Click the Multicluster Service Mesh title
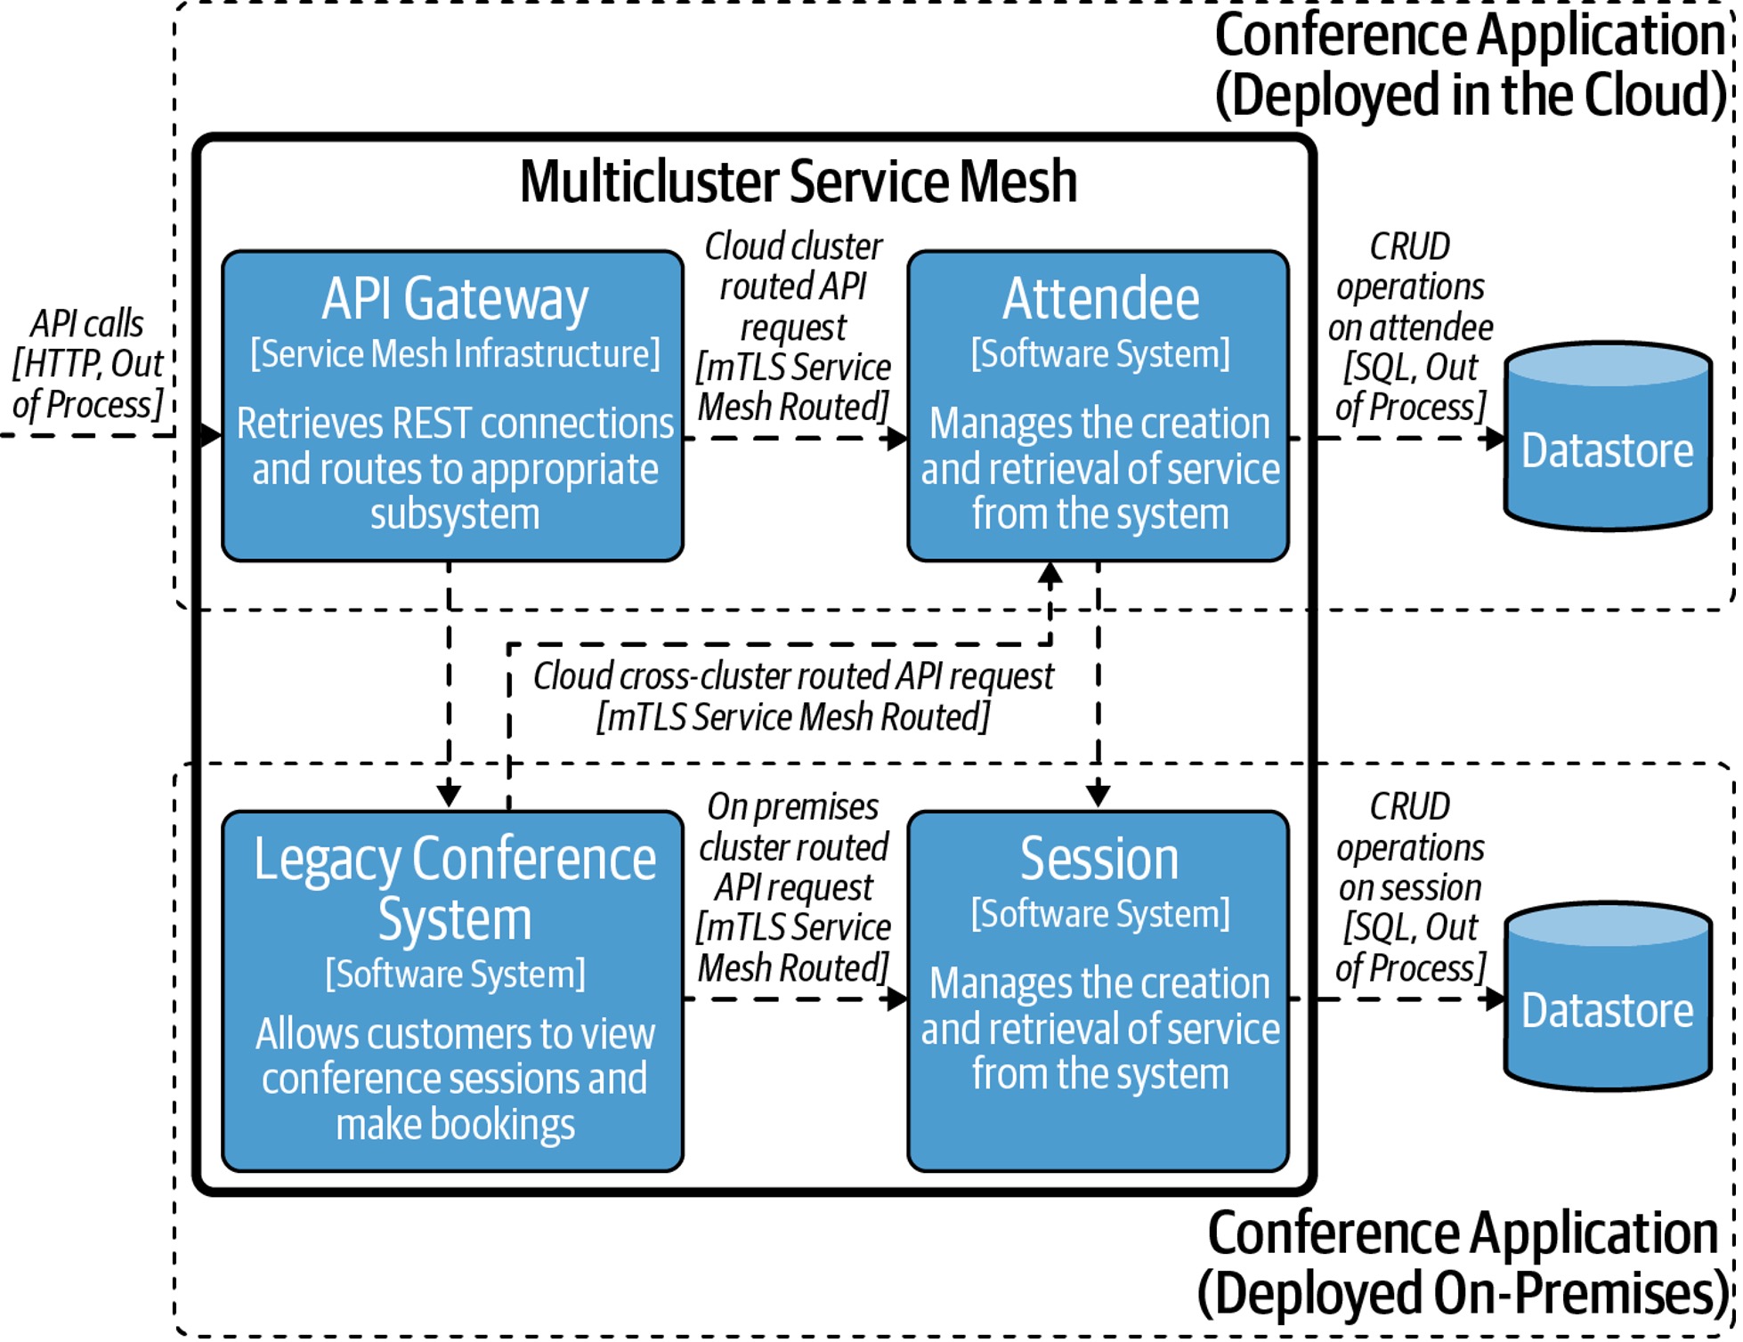point(799,182)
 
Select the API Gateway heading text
point(455,299)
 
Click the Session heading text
point(1099,859)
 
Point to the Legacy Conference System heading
point(455,888)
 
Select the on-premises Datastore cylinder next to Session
point(1608,997)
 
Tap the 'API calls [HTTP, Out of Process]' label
point(87,364)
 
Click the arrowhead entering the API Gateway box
point(212,435)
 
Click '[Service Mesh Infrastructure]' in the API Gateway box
point(455,354)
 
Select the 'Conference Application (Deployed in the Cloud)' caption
point(1471,64)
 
